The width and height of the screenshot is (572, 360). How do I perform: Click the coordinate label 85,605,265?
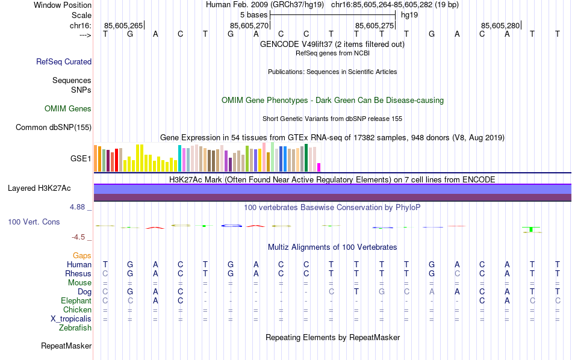click(x=123, y=25)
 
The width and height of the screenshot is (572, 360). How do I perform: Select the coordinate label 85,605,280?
click(x=500, y=25)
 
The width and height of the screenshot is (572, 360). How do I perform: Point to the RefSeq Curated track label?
click(x=64, y=61)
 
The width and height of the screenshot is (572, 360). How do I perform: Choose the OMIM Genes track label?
click(x=68, y=109)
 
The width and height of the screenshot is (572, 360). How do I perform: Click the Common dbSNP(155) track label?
click(x=54, y=127)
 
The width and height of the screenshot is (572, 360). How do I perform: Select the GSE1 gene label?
click(x=81, y=158)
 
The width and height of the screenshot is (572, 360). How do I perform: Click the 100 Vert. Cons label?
click(x=34, y=222)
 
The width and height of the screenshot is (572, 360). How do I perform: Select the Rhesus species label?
click(x=78, y=274)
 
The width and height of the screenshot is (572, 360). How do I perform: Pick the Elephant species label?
click(x=76, y=300)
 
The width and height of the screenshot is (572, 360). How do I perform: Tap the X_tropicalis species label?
click(x=72, y=318)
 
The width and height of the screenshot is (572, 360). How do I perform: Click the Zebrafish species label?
click(x=75, y=327)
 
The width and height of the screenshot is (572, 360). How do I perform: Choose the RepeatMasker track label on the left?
click(x=66, y=346)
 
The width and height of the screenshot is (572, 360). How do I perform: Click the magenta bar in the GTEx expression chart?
click(x=319, y=167)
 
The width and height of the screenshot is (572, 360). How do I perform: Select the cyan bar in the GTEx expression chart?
click(x=179, y=158)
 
